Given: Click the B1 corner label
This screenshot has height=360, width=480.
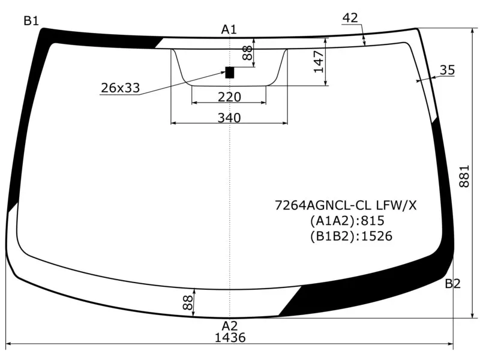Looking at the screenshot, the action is coord(31,21).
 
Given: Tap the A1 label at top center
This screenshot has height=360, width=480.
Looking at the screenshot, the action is coord(229,29).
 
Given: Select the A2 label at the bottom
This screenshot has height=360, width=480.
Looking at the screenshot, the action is coord(230,326).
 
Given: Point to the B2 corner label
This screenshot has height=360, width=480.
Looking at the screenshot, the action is coord(452,284).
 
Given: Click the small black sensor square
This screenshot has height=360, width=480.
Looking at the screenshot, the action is coord(230,73).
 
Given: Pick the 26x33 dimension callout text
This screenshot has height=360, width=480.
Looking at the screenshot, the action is coord(121,88).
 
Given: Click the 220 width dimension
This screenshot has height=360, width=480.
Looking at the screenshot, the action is coord(229,97).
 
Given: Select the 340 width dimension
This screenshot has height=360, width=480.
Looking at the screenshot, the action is coord(229,118).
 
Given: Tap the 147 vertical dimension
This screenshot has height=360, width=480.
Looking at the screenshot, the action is coord(319,62).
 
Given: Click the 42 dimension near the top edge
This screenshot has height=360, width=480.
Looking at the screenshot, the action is coord(350,18).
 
